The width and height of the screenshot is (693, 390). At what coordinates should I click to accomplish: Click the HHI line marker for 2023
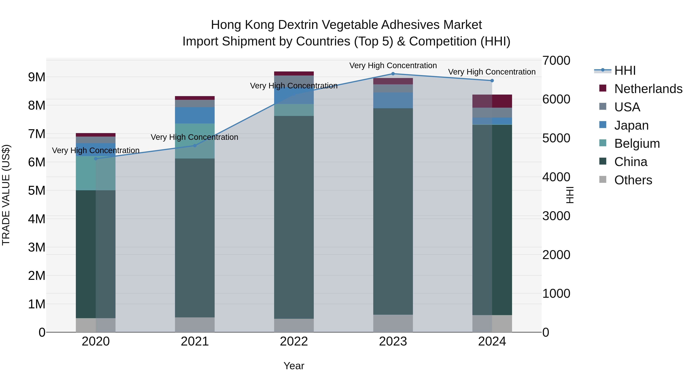click(393, 74)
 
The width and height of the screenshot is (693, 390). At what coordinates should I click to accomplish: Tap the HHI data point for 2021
click(195, 146)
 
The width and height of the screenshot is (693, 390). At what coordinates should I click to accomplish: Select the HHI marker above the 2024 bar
click(492, 81)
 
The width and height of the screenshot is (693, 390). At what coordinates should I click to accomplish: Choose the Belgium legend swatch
click(603, 143)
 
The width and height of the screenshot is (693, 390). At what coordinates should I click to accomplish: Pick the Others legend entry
click(633, 180)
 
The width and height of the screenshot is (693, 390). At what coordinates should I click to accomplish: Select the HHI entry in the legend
click(625, 70)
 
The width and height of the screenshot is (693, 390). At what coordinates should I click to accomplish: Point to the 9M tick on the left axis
click(37, 77)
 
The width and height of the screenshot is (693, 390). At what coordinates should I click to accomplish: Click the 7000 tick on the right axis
click(556, 60)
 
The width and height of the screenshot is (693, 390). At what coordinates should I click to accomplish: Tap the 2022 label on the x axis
click(294, 341)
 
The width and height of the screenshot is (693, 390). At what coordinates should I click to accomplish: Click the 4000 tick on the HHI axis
click(556, 177)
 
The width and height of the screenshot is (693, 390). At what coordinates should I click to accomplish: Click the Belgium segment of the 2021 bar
click(195, 141)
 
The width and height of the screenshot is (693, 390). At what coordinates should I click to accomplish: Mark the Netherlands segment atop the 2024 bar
click(492, 101)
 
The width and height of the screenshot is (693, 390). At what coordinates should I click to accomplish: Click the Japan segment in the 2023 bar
click(393, 100)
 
